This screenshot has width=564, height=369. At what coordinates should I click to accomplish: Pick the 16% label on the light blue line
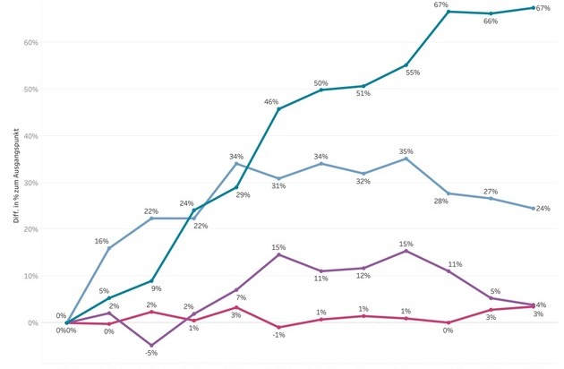point(101,241)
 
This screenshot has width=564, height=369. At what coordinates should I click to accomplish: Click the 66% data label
point(491,21)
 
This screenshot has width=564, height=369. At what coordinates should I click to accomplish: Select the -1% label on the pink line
point(278,335)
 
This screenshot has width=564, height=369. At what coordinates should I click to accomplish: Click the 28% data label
point(440,201)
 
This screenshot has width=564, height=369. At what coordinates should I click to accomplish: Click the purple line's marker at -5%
point(151,345)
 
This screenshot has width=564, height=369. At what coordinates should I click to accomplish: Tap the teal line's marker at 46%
point(278,108)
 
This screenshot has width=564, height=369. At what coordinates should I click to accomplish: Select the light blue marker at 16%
point(108,248)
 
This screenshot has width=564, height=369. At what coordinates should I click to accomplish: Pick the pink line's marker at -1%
point(278,327)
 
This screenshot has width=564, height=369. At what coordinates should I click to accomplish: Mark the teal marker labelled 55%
point(406,65)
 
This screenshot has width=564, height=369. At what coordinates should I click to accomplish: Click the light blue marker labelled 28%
point(449,193)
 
